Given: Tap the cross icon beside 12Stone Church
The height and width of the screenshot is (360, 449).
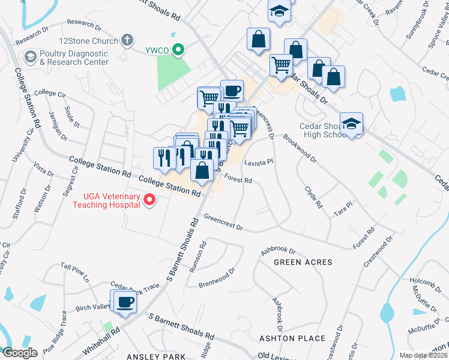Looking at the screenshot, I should tap(126, 41).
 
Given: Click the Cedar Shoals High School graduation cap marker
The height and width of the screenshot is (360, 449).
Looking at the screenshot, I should tap(351, 124).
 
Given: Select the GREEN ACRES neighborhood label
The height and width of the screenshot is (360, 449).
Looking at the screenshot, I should tap(303, 262).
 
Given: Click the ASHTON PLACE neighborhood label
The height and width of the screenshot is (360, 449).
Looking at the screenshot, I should tap(292, 338).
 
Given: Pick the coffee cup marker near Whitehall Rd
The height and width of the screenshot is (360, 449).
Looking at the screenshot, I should tap(125, 302).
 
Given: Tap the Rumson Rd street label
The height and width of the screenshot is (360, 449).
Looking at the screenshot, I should tap(197, 257).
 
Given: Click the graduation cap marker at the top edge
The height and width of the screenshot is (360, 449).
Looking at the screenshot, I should tap(279, 11).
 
